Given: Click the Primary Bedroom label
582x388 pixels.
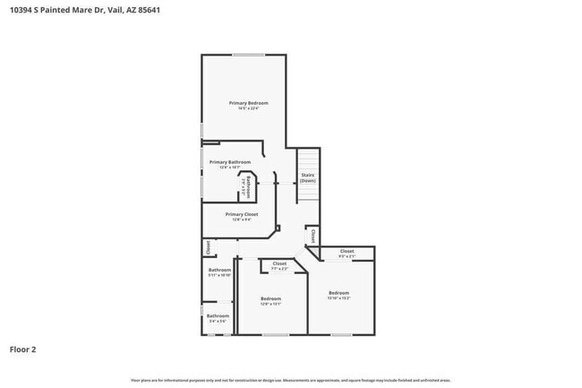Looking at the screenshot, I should (x=248, y=103).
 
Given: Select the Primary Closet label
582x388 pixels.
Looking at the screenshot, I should (x=242, y=214).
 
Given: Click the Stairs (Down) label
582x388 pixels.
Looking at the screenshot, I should (x=307, y=177).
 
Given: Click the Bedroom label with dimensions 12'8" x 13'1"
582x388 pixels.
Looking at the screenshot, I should (x=270, y=298).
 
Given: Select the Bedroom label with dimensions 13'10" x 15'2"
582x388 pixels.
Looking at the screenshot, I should (x=338, y=293).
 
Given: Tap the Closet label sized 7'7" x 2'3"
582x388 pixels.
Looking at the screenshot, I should (x=279, y=263).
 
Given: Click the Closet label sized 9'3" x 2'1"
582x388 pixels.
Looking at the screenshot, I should (x=347, y=251).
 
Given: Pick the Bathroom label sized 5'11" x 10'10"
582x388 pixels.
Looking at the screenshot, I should (x=219, y=270).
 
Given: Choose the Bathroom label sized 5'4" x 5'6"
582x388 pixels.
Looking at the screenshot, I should (x=218, y=315).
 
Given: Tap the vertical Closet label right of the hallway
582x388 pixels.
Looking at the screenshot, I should (x=312, y=236).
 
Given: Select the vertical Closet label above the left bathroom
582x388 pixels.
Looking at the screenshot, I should (x=208, y=246).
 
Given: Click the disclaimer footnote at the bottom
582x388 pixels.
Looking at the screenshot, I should (x=290, y=380).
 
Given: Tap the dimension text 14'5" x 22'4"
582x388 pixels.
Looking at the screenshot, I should (x=248, y=108).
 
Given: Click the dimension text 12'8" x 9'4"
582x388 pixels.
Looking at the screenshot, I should (x=242, y=220).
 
